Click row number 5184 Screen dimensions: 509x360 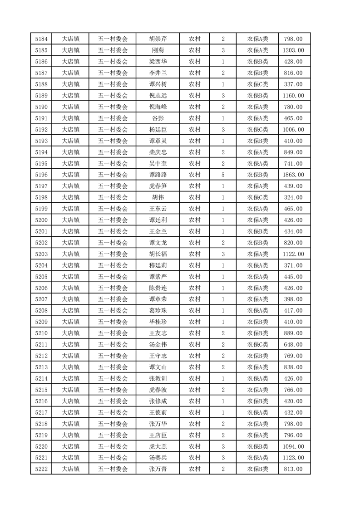click(41, 39)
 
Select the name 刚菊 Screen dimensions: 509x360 click(158, 50)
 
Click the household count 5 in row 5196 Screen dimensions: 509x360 click(223, 175)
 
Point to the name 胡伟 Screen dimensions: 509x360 click(158, 197)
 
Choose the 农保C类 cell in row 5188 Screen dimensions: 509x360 click(257, 84)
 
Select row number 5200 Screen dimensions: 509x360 click(41, 220)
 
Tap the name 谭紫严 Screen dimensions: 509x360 click(158, 277)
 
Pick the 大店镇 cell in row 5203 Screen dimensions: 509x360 click(71, 254)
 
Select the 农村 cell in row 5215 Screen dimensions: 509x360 click(195, 390)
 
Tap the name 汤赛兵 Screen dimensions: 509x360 click(158, 458)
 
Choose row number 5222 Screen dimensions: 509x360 click(41, 469)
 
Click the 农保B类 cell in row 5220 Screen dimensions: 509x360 click(257, 446)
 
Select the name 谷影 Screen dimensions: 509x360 click(158, 118)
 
